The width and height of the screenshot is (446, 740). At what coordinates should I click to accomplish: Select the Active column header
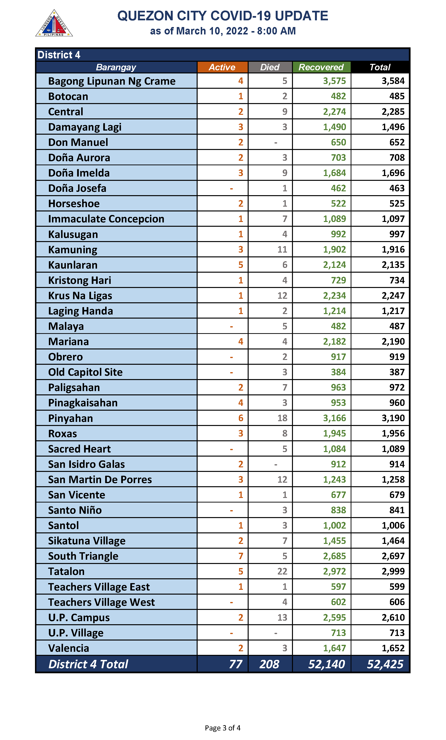(222, 67)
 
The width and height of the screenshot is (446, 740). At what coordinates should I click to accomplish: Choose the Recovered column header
(321, 67)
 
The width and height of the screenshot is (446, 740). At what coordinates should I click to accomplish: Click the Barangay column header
(116, 67)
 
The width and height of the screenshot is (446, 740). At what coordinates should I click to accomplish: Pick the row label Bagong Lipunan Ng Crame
(112, 81)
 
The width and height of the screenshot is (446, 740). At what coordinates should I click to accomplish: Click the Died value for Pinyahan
(282, 418)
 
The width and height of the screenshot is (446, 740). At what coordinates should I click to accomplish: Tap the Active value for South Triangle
(241, 556)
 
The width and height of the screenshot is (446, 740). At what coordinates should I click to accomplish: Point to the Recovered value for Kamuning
(334, 249)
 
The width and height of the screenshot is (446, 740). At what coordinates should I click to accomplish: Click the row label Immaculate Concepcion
(106, 219)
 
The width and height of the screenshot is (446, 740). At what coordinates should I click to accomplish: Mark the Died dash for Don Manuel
(276, 143)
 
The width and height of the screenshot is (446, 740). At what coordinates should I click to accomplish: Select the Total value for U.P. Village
(397, 633)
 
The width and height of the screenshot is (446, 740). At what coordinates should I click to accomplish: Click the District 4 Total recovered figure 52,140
(326, 664)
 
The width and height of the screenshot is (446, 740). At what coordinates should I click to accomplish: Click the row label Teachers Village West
(101, 602)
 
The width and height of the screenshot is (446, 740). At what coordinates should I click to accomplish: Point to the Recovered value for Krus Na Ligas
(334, 296)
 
